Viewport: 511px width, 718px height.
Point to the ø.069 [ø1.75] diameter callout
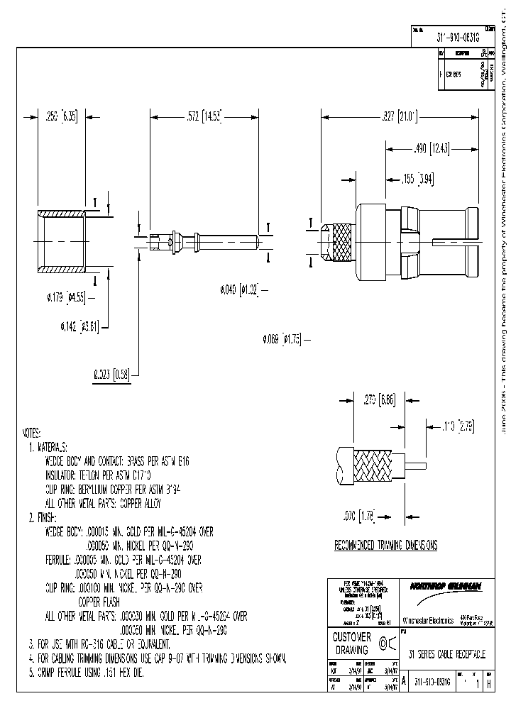click(x=282, y=339)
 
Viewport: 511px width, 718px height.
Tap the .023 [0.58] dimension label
click(x=112, y=375)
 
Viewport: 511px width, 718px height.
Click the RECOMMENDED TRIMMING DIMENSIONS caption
click(x=385, y=546)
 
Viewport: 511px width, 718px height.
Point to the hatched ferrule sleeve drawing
click(x=62, y=241)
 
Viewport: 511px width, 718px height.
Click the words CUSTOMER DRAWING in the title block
click(x=352, y=643)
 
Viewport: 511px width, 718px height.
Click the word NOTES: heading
click(x=33, y=433)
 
